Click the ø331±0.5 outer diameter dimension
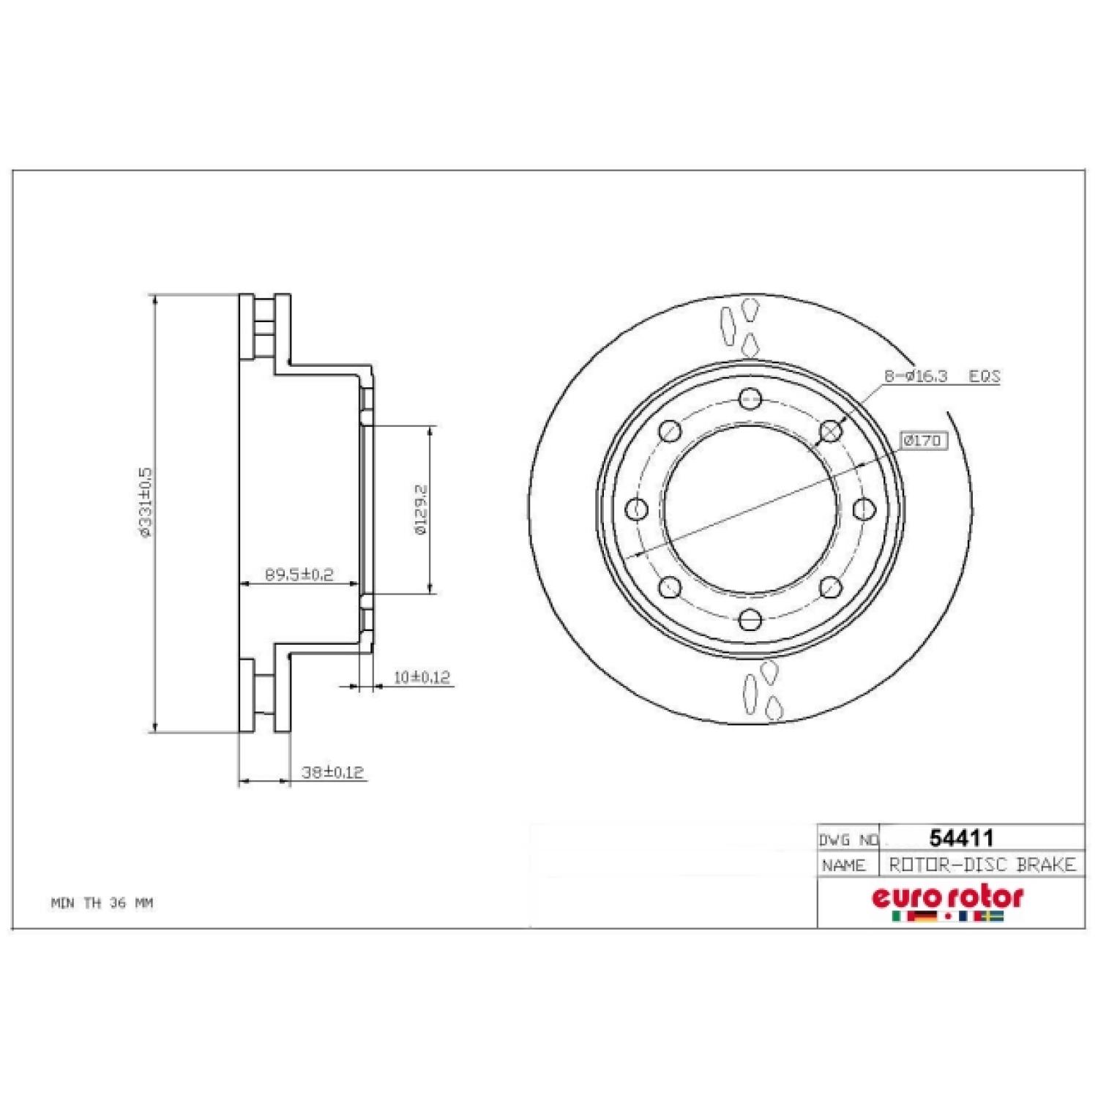(x=145, y=503)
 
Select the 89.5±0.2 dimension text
(x=299, y=575)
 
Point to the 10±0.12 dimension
(x=421, y=677)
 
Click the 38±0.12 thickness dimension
(x=333, y=772)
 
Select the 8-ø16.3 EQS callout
(x=941, y=376)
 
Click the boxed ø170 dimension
(x=923, y=441)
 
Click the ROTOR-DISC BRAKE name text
(x=982, y=864)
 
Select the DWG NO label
(x=848, y=840)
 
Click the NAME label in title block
(x=843, y=865)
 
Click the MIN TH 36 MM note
(x=102, y=903)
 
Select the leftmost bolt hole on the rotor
(x=638, y=509)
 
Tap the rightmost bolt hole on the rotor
(x=864, y=509)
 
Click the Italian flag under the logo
(x=897, y=916)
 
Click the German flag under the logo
(x=925, y=916)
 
